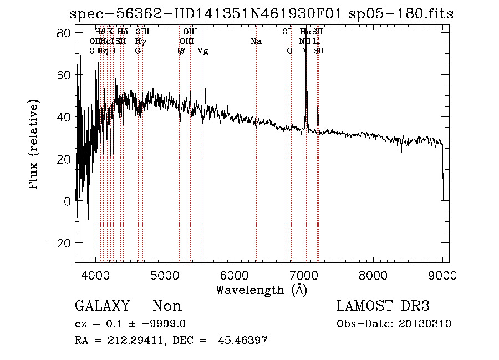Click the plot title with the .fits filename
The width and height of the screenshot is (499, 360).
click(263, 14)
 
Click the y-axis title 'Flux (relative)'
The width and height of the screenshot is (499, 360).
click(34, 145)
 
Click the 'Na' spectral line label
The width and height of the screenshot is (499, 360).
click(256, 42)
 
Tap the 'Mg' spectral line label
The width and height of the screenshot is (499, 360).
click(203, 51)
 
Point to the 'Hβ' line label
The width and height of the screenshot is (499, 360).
click(179, 51)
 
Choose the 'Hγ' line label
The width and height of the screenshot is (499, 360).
click(140, 42)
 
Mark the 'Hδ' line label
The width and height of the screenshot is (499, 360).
click(123, 32)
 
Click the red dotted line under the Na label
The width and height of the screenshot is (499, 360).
click(256, 166)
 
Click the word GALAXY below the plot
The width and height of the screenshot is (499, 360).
click(102, 306)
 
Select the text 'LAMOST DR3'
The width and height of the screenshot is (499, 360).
click(383, 306)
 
